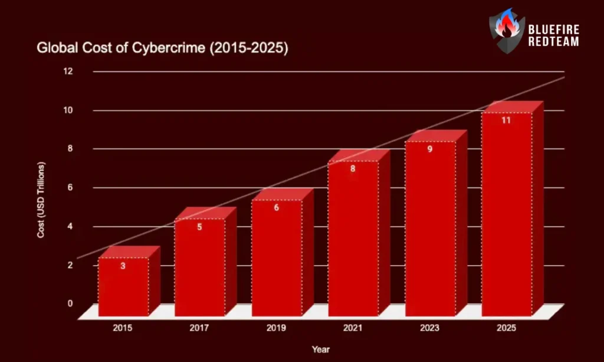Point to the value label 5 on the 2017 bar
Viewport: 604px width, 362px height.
(199, 227)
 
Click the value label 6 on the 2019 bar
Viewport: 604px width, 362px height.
(276, 208)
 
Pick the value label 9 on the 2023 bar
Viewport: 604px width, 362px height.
(430, 149)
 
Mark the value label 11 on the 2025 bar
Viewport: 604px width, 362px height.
(506, 120)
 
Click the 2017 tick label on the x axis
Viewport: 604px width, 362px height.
(199, 328)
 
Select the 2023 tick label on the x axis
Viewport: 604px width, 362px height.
(430, 328)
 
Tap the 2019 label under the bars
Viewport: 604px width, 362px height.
(276, 328)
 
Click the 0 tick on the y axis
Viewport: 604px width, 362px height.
(70, 304)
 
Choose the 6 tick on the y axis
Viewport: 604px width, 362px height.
(70, 188)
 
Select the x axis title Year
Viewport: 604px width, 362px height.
(321, 350)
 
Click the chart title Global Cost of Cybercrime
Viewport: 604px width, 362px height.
(162, 48)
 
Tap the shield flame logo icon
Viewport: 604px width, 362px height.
(507, 31)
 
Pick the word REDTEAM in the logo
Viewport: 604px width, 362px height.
(553, 41)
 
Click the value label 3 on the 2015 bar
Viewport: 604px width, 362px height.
(123, 266)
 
